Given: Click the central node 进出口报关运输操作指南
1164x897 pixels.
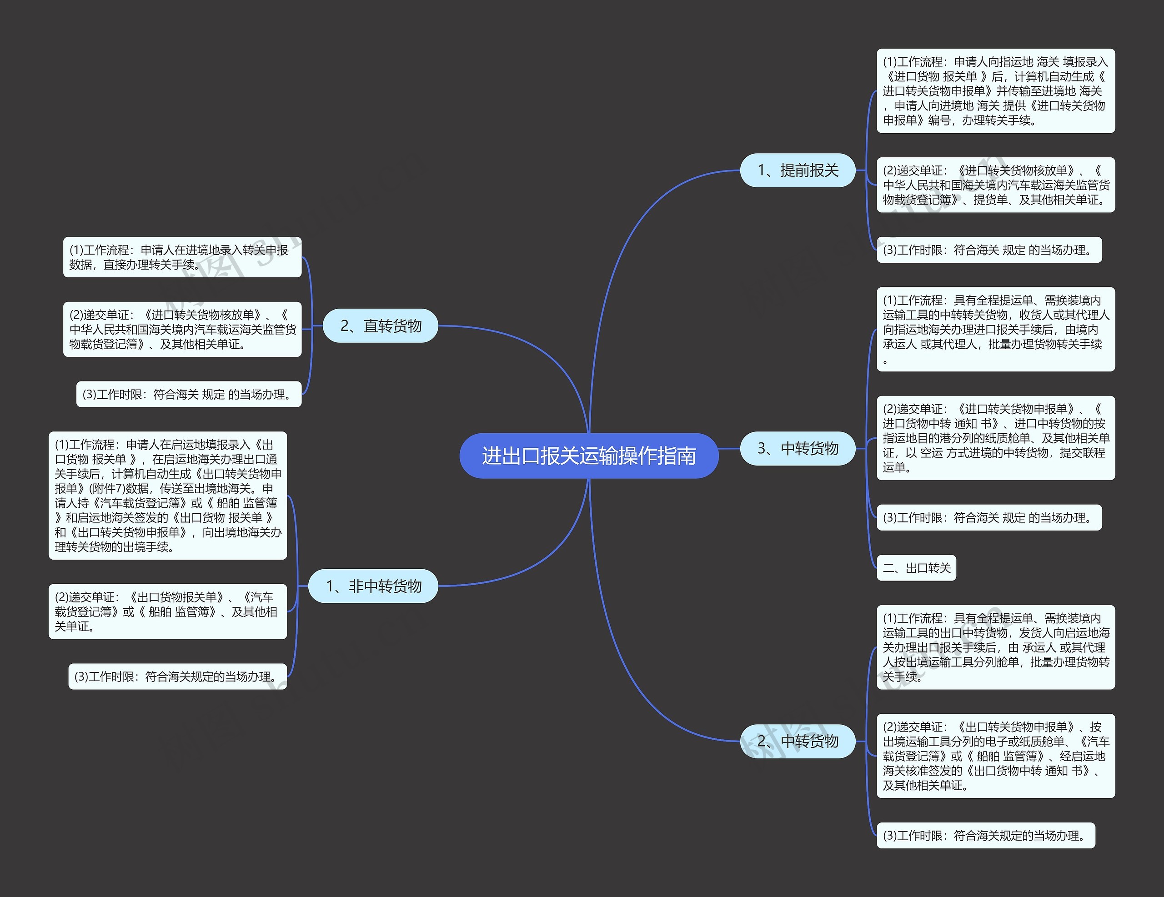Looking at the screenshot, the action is [x=588, y=456].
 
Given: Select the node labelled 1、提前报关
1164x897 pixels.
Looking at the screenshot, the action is [x=798, y=170].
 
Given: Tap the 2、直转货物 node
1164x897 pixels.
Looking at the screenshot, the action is [x=381, y=326].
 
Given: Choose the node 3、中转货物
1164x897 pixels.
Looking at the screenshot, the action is [x=798, y=448].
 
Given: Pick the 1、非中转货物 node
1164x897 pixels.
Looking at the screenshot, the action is [x=373, y=586].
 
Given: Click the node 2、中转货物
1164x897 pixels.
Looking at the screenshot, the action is [x=798, y=741].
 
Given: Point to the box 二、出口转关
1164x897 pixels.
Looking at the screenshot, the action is [x=916, y=568].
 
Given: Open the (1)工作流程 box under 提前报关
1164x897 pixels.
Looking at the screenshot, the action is [x=995, y=91].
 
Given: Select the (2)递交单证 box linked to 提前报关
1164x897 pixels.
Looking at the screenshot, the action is [x=995, y=185].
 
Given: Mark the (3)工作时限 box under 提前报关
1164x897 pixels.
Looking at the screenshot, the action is [x=988, y=250].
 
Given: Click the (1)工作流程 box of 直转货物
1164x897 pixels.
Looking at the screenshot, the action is [x=182, y=257].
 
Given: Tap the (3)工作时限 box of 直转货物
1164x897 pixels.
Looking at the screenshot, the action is [x=189, y=395].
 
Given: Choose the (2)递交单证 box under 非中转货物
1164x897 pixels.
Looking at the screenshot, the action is [x=167, y=611].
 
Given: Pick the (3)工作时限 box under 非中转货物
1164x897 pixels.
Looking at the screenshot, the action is [x=177, y=677].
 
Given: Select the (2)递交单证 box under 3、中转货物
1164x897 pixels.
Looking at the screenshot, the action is [x=995, y=438].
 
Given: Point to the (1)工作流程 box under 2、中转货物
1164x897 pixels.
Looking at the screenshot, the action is [x=995, y=647].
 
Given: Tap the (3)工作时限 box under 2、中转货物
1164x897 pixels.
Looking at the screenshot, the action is [x=985, y=835].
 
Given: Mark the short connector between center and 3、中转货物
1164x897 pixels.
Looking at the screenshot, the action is [x=729, y=449].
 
